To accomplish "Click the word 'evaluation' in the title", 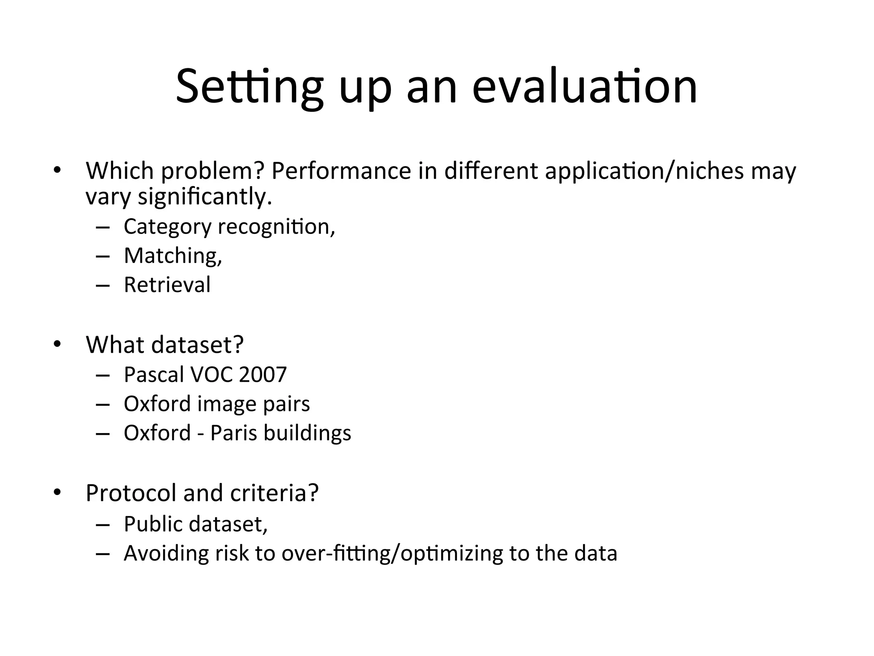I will (584, 88).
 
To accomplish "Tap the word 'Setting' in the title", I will (250, 88).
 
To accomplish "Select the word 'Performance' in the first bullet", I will (341, 171).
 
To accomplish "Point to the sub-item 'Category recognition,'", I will (229, 227).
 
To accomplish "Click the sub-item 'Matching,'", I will (173, 256).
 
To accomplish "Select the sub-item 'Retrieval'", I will (167, 285).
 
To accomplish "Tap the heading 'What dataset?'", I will (164, 344).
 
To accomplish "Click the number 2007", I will (262, 375).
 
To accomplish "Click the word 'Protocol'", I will (131, 493).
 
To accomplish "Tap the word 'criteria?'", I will (274, 493).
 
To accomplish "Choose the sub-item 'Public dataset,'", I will (195, 524).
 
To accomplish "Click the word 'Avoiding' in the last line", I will (166, 553).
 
